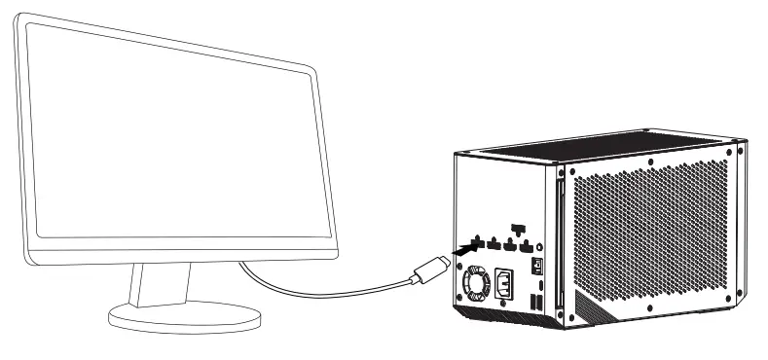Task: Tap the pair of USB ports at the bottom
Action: [536, 305]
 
